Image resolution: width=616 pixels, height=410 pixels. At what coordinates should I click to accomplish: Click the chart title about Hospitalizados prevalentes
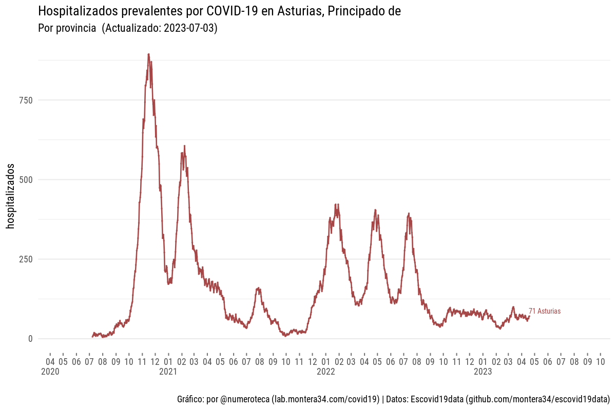pos(219,11)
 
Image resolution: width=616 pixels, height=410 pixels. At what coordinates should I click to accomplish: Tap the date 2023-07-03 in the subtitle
pos(189,29)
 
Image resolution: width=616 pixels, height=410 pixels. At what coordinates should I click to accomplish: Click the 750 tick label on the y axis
pos(26,100)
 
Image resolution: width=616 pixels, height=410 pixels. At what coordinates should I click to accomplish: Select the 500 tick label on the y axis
pos(26,179)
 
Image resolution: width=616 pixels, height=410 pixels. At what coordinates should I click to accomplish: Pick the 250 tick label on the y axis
pos(26,259)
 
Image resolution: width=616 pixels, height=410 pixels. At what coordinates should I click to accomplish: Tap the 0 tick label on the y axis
pos(30,339)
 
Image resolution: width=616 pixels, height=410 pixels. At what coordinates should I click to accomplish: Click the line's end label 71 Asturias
pos(545,311)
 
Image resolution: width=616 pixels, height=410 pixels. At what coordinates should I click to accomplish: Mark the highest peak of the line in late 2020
pos(148,54)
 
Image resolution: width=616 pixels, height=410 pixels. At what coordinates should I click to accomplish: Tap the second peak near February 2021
pos(184,146)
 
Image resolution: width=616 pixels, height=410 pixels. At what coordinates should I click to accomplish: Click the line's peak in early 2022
pos(337,204)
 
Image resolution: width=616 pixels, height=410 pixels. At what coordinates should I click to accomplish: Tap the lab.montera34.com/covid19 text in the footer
pos(325,399)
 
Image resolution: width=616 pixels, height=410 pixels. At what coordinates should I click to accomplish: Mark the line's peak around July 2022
pos(409,214)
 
